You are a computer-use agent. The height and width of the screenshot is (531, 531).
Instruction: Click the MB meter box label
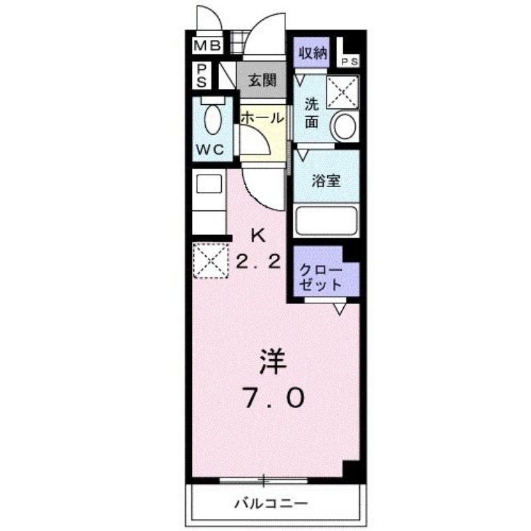[x=207, y=46]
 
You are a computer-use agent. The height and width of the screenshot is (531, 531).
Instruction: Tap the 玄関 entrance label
[x=262, y=82]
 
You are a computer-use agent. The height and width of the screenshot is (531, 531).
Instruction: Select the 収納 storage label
[x=312, y=54]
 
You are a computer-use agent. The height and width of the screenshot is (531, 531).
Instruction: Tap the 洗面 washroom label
[x=312, y=113]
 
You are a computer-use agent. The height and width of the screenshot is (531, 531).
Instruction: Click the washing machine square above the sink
[x=343, y=91]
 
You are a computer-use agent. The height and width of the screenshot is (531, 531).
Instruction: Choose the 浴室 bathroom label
[x=327, y=181]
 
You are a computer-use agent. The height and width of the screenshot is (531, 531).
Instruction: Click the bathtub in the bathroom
[x=326, y=220]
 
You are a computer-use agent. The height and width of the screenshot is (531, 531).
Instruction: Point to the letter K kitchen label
[x=258, y=234]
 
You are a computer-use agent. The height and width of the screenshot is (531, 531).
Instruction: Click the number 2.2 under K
[x=258, y=261]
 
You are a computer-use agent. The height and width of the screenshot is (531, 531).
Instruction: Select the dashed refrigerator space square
[x=210, y=261]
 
